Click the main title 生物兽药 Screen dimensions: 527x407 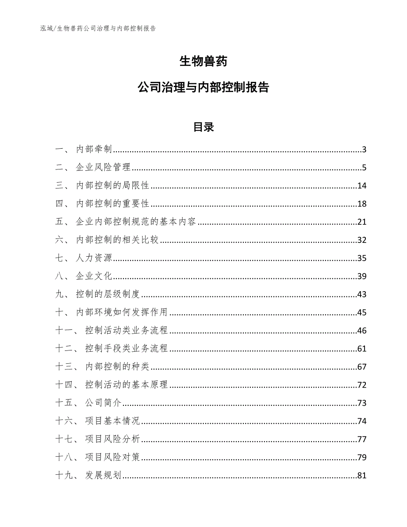click(x=203, y=62)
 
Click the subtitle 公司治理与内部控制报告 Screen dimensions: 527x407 click(x=203, y=87)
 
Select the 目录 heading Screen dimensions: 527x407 click(x=203, y=127)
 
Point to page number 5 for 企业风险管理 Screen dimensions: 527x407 click(x=364, y=168)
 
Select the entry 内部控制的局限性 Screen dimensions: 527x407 click(x=112, y=186)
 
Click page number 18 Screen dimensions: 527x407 click(x=362, y=204)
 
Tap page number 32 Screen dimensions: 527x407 click(x=362, y=240)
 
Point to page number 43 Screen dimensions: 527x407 click(x=362, y=295)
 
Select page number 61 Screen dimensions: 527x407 click(x=362, y=349)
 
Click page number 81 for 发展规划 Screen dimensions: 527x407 click(x=362, y=476)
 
